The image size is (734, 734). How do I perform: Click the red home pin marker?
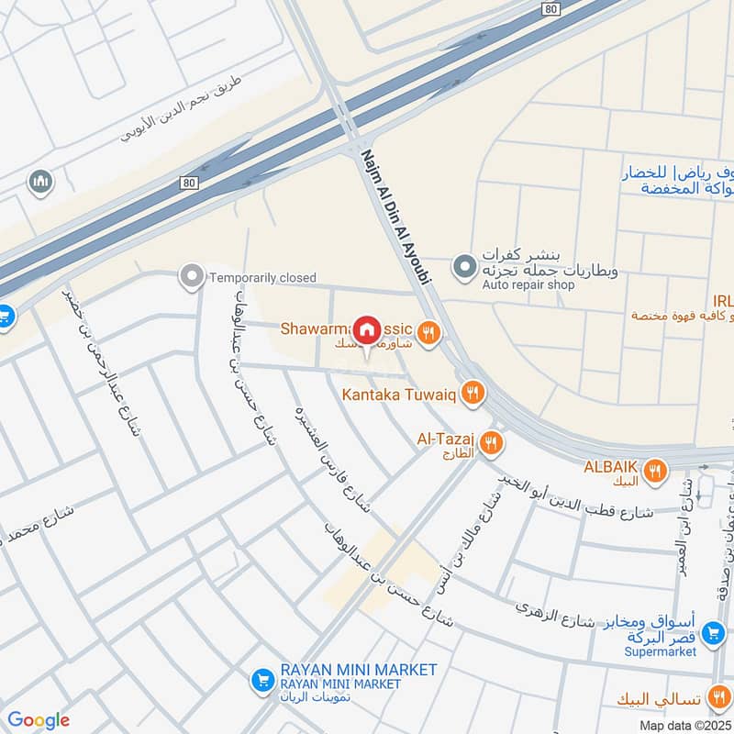[367, 329]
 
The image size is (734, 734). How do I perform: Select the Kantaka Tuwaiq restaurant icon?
[472, 394]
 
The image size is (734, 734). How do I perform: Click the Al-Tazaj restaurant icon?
[492, 443]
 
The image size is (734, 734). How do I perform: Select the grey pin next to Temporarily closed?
[192, 275]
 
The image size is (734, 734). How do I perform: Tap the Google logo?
[38, 720]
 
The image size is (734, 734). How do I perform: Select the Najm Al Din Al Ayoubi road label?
[395, 217]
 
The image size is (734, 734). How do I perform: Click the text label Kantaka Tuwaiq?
[400, 395]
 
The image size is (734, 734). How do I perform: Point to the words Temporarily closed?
[262, 277]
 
